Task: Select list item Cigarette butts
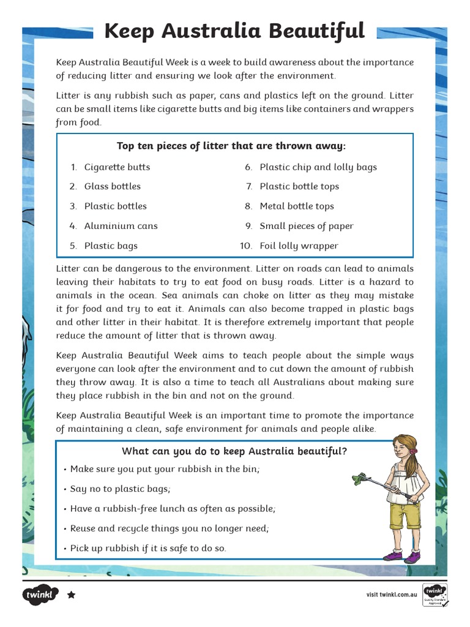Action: (x=117, y=167)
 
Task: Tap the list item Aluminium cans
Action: (x=121, y=226)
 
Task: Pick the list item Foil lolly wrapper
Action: (x=299, y=246)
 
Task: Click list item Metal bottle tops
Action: (x=297, y=206)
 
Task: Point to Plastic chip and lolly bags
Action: (x=318, y=167)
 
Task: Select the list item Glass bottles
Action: (x=112, y=186)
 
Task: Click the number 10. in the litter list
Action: (x=246, y=246)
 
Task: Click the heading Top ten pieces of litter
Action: (x=231, y=146)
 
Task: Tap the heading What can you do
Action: (x=234, y=451)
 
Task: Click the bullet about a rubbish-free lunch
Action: (x=173, y=509)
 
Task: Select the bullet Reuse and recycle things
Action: (x=170, y=528)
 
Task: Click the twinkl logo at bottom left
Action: (x=40, y=595)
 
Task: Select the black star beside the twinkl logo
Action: (x=71, y=595)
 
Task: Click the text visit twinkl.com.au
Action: (x=392, y=595)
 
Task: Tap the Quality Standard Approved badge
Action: (x=435, y=595)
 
